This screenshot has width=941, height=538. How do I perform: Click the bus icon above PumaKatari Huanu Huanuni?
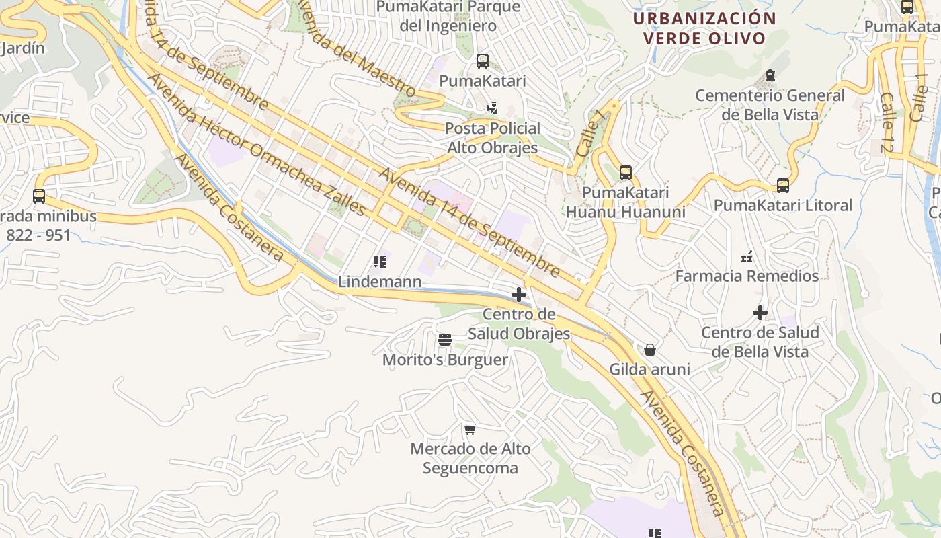tap(626, 173)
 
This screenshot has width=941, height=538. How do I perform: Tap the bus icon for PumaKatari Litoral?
tap(782, 186)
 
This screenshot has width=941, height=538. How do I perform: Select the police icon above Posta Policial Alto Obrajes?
tap(493, 108)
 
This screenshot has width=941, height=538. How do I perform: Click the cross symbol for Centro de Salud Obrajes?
tap(518, 295)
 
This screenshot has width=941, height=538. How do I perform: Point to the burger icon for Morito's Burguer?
tap(444, 340)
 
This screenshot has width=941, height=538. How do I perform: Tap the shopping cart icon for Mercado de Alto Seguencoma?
tap(470, 428)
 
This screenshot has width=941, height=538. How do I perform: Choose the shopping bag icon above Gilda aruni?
tap(649, 350)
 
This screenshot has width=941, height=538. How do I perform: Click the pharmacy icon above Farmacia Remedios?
tap(746, 256)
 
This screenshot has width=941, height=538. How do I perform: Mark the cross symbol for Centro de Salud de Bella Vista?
tap(760, 313)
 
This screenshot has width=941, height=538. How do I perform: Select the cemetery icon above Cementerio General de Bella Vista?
tap(770, 75)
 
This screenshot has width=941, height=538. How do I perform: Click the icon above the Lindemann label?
tap(380, 261)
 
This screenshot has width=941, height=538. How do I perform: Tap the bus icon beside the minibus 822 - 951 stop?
tap(39, 196)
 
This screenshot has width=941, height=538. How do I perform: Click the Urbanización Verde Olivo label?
tap(704, 28)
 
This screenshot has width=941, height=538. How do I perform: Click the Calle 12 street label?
tap(887, 122)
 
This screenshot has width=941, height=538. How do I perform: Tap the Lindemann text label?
tap(380, 282)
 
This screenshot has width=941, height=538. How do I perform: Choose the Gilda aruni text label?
tap(649, 369)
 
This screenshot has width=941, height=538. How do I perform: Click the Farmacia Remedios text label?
tap(747, 276)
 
